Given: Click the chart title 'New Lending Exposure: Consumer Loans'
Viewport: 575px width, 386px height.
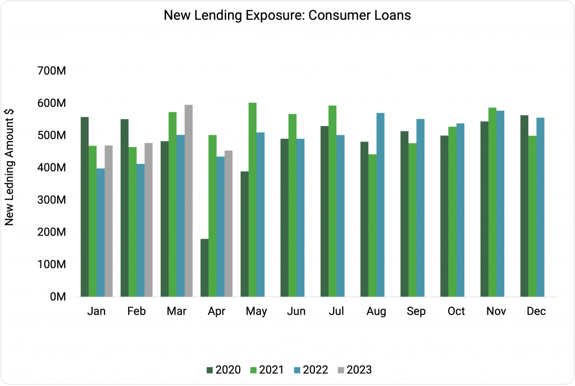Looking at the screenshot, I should coord(287,16).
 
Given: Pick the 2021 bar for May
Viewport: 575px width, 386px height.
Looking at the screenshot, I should coord(253,199).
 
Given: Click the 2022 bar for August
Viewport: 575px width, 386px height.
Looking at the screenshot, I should coord(381,205).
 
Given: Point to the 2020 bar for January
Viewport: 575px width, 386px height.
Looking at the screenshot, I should coord(85,206).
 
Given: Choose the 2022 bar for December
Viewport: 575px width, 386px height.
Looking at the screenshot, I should coord(540,207).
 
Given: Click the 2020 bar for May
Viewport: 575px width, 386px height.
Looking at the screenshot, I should coord(245,234).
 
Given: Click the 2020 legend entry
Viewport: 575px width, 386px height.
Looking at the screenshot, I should coord(224,370).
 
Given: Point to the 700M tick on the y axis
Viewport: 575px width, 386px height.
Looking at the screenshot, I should coord(52,71).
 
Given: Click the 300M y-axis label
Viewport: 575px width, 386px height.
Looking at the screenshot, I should coord(52,200).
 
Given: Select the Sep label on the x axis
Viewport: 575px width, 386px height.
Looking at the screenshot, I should coord(416,311).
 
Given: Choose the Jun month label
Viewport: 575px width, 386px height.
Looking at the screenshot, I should coord(296,311).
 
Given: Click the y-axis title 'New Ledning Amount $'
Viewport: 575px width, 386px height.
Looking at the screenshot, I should coord(10,166).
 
